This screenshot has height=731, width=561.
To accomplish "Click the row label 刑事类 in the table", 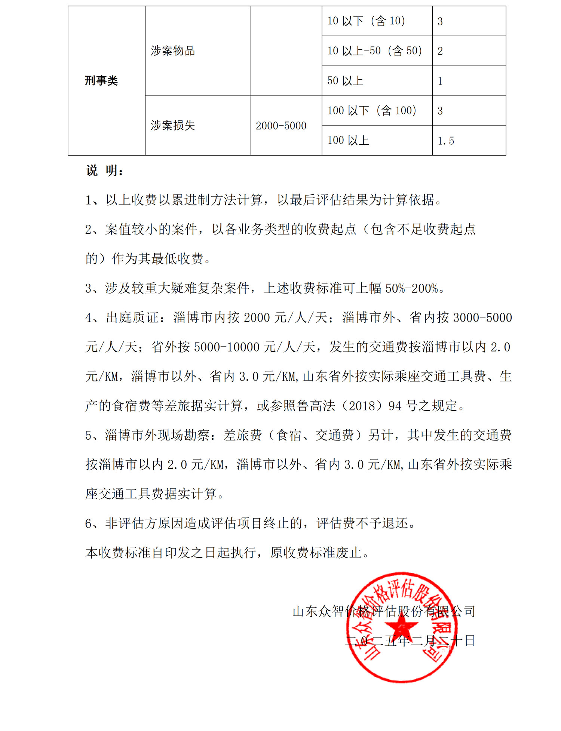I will pos(101,81).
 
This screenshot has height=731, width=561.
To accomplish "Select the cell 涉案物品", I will pos(173,51).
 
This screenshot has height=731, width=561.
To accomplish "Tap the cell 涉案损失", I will pos(173,126).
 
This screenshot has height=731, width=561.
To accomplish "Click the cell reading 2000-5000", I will pos(281,126).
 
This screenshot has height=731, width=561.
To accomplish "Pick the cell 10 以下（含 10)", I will pos(366,21).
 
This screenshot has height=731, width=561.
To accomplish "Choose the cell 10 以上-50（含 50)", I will pos(375,51).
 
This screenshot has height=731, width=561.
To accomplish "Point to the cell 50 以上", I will pos(345,81).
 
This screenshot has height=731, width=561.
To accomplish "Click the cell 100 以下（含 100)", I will pos(372,111).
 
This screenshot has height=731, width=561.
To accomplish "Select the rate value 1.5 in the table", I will pos(446,141).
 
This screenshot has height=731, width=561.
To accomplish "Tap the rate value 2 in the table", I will pos(440,51).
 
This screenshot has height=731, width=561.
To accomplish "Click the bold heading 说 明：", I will pos(105,171).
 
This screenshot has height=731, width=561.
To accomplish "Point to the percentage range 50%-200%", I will pos(411,288).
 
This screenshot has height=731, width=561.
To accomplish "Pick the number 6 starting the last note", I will pos(88,523).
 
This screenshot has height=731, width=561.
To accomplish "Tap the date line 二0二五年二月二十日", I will pos(410,641).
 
